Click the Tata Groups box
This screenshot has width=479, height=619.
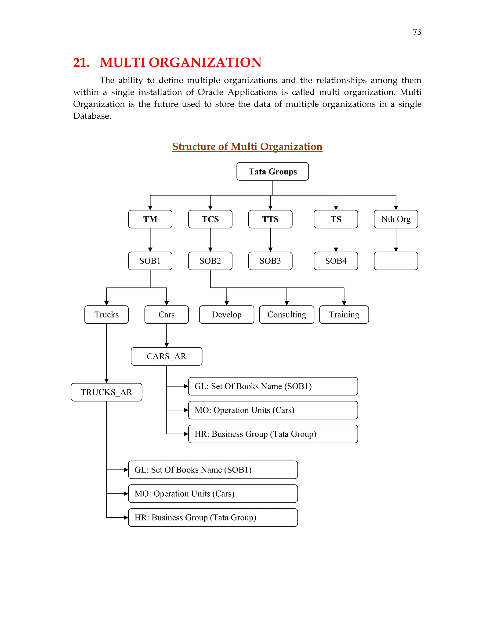272,171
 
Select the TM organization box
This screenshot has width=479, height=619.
150,219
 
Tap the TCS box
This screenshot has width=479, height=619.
210,219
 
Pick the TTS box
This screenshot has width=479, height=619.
270,219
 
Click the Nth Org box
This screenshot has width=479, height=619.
396,219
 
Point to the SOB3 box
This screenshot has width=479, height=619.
270,261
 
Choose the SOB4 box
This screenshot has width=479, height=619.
336,261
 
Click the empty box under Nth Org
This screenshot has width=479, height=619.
396,261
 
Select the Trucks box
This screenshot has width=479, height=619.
106,315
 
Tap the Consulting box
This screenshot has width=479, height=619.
287,315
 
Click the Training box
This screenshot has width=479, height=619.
344,315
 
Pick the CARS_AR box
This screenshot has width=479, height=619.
167,356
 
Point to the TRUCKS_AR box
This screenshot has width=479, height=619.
106,392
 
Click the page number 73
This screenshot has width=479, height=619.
417,32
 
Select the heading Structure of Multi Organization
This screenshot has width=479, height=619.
247,146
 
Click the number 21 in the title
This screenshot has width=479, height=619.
81,63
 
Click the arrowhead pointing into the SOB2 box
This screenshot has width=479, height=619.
210,249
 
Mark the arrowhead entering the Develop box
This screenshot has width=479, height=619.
227,303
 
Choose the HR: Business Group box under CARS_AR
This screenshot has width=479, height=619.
273,434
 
